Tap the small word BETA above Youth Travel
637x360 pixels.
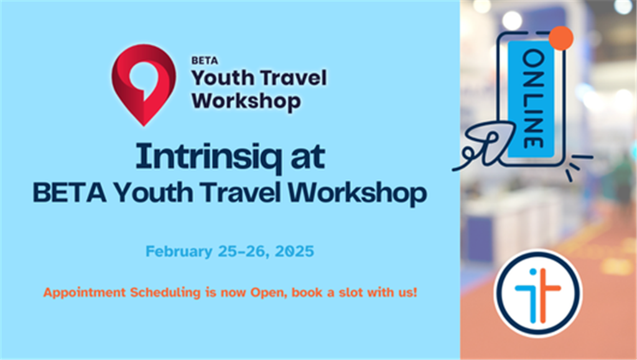205,60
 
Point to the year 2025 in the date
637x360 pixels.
294,251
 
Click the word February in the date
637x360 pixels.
179,252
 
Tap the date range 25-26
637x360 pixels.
243,252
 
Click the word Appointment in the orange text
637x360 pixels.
85,293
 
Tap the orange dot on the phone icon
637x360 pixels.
561,38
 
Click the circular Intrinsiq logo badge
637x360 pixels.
538,293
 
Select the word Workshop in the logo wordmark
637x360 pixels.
246,101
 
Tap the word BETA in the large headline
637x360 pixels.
70,192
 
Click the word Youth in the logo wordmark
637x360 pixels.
223,78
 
